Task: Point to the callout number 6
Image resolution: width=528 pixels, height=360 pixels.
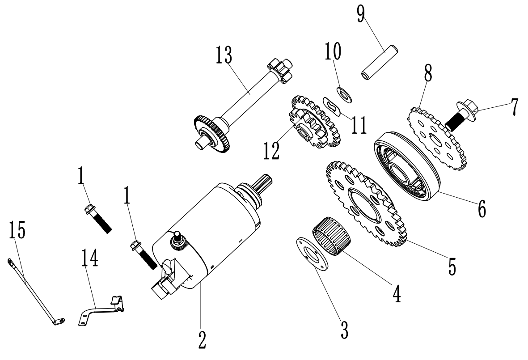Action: click(x=481, y=208)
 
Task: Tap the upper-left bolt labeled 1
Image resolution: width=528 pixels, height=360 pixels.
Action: click(x=97, y=218)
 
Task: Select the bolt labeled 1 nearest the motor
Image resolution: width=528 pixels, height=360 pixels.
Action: click(x=142, y=254)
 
